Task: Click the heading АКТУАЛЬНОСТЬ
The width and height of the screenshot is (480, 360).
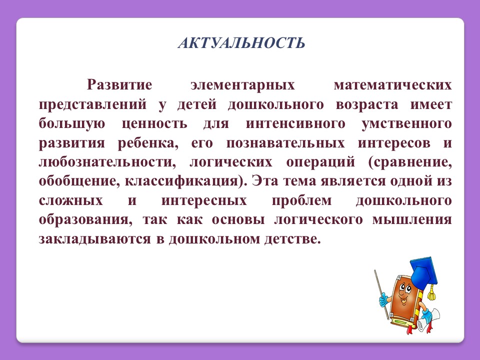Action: pyautogui.click(x=241, y=42)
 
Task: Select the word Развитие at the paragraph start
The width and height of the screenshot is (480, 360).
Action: pyautogui.click(x=119, y=84)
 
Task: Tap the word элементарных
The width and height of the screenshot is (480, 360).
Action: pyautogui.click(x=242, y=85)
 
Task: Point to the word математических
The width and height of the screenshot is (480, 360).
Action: pyautogui.click(x=393, y=85)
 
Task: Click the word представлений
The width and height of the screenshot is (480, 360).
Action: pyautogui.click(x=93, y=105)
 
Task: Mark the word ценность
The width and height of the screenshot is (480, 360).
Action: pyautogui.click(x=154, y=124)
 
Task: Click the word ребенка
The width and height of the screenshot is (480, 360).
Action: pyautogui.click(x=148, y=142)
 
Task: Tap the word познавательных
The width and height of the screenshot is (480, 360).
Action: pyautogui.click(x=285, y=143)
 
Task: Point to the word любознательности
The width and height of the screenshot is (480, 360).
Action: pyautogui.click(x=107, y=162)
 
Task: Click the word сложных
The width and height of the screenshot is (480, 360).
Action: pyautogui.click(x=70, y=201)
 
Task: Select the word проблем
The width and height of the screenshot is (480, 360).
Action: pyautogui.click(x=302, y=201)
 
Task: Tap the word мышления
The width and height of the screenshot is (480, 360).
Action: pyautogui.click(x=412, y=220)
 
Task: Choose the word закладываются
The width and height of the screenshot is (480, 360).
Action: pyautogui.click(x=95, y=239)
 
